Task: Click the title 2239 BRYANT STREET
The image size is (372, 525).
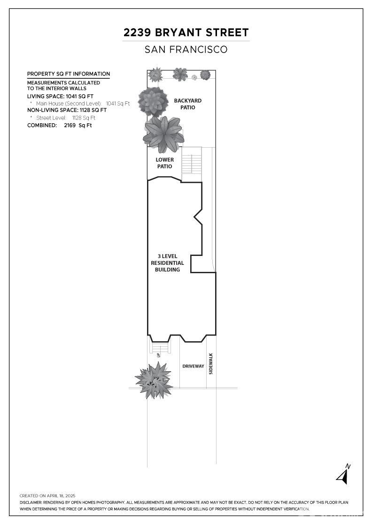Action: click(x=186, y=32)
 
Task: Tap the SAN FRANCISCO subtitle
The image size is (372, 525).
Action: click(x=186, y=50)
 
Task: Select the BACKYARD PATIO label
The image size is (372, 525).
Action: click(x=188, y=104)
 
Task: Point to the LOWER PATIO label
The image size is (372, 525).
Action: click(x=165, y=163)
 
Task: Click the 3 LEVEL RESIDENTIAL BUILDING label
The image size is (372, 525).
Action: click(x=167, y=263)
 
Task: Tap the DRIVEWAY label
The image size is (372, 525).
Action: click(x=193, y=366)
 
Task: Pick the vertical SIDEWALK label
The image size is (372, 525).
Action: click(x=211, y=364)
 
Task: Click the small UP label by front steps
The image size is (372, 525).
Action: click(x=158, y=354)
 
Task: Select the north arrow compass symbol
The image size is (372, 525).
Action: click(x=343, y=474)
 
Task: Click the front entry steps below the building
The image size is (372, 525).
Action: click(x=160, y=348)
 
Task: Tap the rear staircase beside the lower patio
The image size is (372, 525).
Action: click(x=192, y=164)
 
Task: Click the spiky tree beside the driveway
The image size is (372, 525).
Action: click(x=154, y=380)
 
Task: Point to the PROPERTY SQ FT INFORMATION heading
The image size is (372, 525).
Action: click(x=69, y=74)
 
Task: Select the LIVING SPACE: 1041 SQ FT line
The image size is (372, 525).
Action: click(x=61, y=97)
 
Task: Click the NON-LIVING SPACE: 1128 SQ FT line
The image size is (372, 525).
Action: click(x=67, y=110)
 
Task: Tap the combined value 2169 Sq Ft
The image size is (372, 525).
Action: click(x=78, y=126)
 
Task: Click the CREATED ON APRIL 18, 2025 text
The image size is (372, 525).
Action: click(x=47, y=496)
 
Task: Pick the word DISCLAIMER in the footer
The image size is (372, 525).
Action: click(x=31, y=502)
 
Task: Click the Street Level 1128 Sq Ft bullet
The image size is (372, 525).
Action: click(x=63, y=118)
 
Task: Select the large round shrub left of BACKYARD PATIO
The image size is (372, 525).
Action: click(x=153, y=102)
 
